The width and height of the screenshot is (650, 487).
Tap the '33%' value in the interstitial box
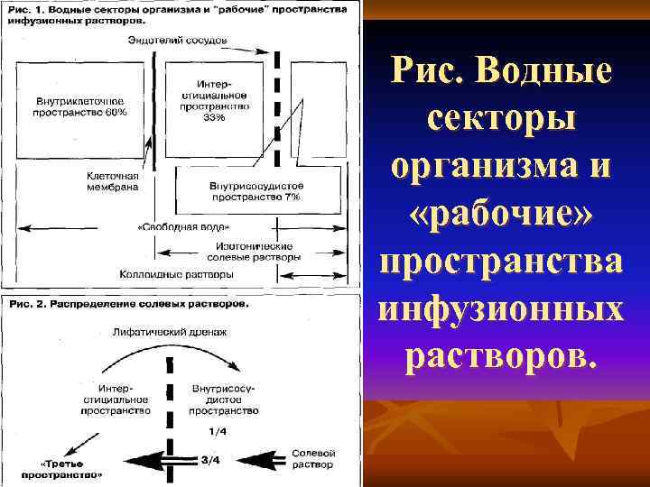click(214, 117)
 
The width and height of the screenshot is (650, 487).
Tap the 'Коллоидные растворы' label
click(190, 273)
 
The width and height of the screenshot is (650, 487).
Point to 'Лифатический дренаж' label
click(169, 333)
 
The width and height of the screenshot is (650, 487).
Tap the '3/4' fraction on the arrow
click(209, 460)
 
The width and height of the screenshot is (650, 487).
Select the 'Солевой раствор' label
click(313, 458)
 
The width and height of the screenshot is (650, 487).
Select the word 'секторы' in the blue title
click(501, 120)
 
